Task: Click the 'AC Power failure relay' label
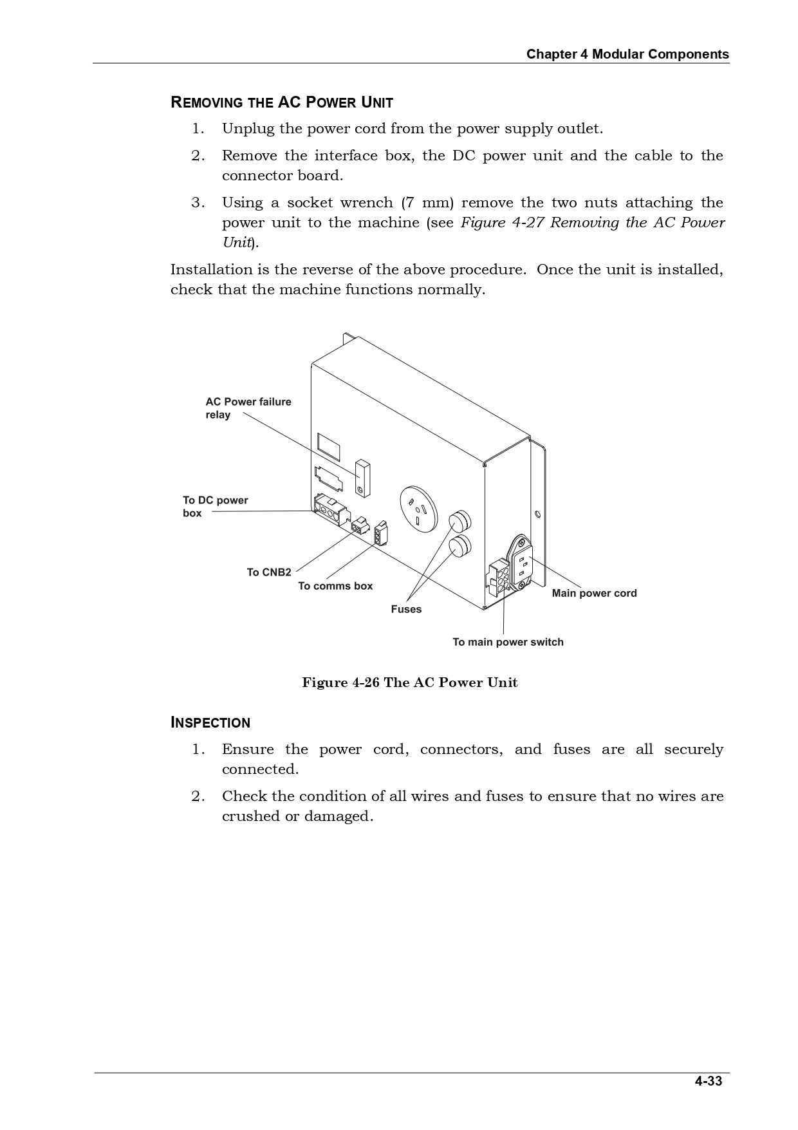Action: (248, 408)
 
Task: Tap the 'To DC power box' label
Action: (215, 507)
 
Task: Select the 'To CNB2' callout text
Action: (269, 572)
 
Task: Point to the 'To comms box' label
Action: (335, 586)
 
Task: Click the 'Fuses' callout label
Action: (406, 609)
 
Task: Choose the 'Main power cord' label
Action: (594, 593)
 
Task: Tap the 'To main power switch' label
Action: (508, 642)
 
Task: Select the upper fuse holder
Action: (459, 520)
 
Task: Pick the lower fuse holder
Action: (459, 546)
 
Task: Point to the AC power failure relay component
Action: (363, 478)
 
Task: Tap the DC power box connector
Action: (330, 511)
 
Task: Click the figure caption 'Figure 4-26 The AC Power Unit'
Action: (410, 683)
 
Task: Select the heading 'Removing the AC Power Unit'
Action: (281, 102)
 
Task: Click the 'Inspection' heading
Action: (210, 722)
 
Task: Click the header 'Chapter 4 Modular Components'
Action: (627, 54)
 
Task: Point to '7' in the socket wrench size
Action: (408, 203)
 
